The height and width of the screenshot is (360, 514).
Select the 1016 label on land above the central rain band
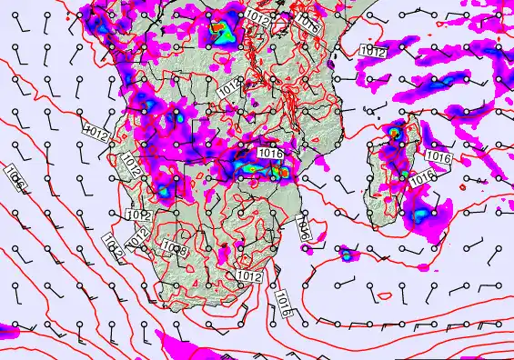point(271,153)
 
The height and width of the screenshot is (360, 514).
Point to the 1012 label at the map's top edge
point(258,15)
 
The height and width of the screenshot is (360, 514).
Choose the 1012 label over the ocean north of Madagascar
point(371,52)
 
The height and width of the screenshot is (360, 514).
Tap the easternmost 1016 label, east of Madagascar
point(438,157)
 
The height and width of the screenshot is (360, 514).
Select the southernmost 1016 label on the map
point(283,301)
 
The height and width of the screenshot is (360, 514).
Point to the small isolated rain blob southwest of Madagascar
point(346,255)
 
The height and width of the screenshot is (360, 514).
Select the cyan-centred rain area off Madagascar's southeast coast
point(420,215)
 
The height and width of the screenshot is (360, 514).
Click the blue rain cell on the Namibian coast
point(163,192)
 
